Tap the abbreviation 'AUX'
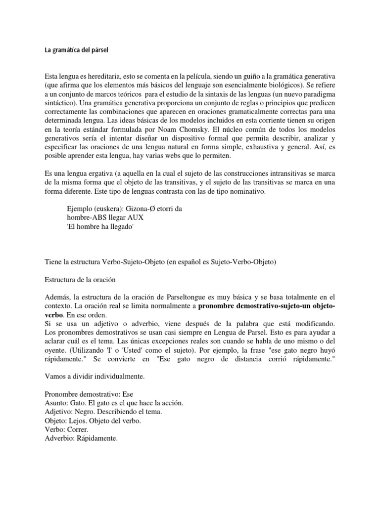137,217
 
